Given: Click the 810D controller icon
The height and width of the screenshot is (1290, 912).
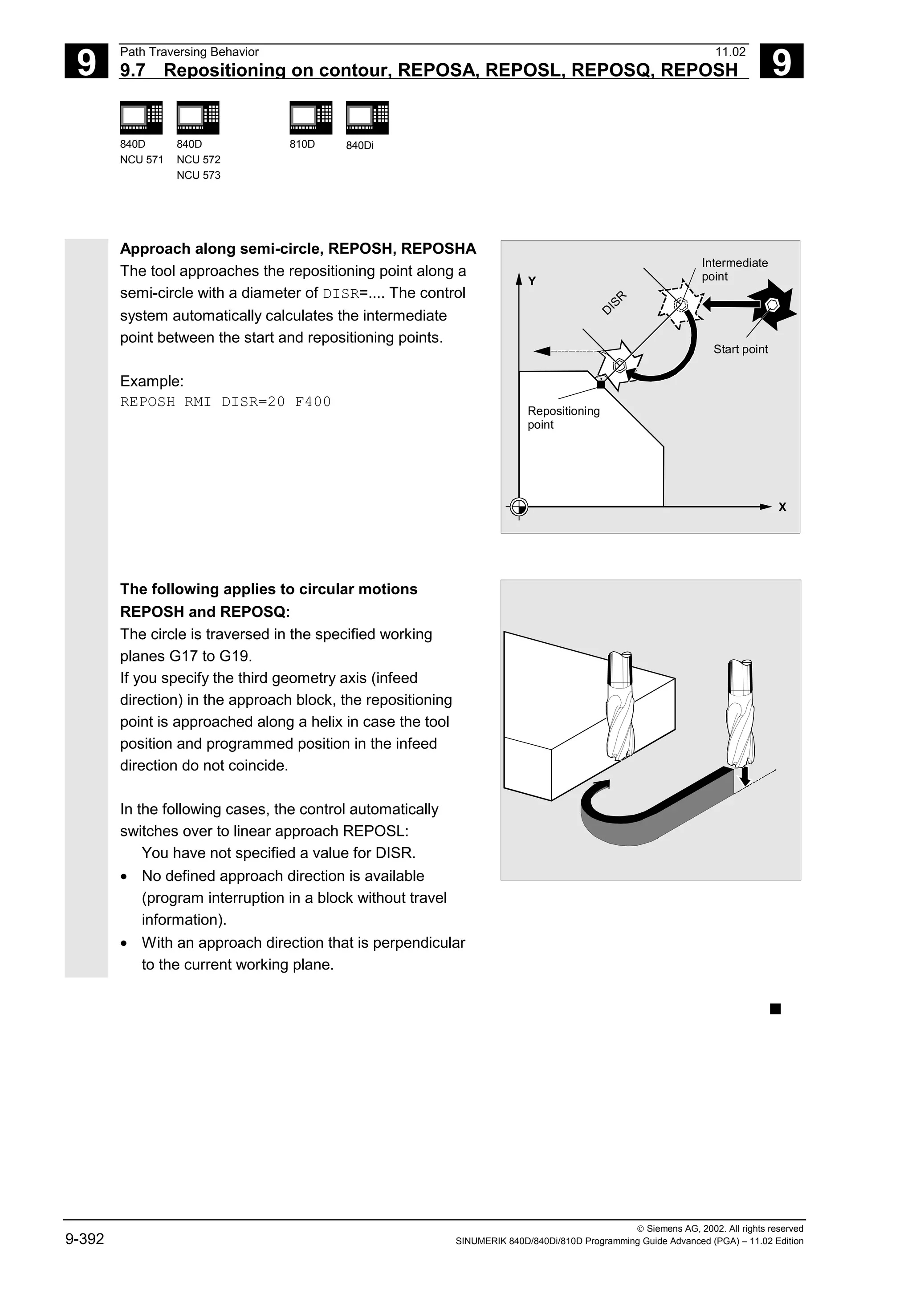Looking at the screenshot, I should point(311,118).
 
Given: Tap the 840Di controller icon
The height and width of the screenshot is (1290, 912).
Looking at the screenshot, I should point(367,118).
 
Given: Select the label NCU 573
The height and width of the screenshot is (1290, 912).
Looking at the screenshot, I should point(198,175).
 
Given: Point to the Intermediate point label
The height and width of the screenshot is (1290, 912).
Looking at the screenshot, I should point(734,270).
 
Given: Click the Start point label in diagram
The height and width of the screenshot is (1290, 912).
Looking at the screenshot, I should point(740,349).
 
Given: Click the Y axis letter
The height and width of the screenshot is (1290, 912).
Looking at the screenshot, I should point(532,281).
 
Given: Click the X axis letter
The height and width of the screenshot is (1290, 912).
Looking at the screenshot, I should point(782,507).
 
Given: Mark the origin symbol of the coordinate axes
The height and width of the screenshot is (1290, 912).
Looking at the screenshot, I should point(519,507).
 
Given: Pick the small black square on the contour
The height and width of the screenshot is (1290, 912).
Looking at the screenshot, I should point(601,384).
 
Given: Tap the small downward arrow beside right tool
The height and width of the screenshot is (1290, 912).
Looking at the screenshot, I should point(745,778).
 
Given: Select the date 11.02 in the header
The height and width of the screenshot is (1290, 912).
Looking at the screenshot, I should point(730,52).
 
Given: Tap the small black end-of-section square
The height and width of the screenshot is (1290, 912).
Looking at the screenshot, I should point(775,1010).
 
